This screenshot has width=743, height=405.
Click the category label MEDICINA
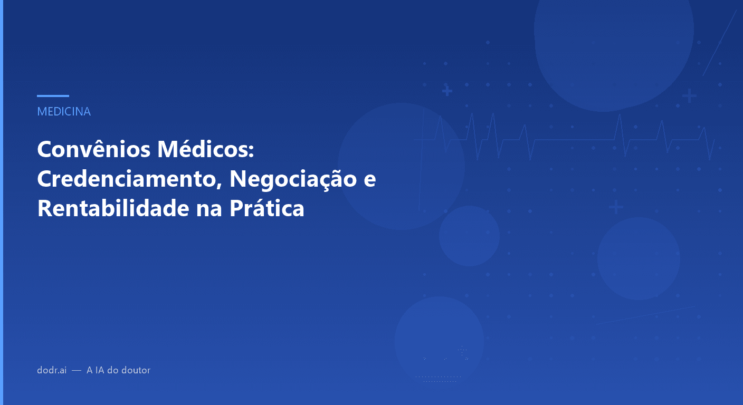click(x=64, y=112)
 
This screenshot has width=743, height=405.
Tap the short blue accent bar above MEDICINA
click(x=53, y=96)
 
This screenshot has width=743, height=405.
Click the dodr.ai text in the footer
click(x=52, y=370)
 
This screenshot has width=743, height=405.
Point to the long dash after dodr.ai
click(x=77, y=371)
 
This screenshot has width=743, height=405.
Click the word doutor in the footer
click(x=136, y=370)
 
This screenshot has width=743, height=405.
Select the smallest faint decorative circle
click(x=469, y=236)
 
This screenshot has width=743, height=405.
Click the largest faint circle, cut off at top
click(x=614, y=47)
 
